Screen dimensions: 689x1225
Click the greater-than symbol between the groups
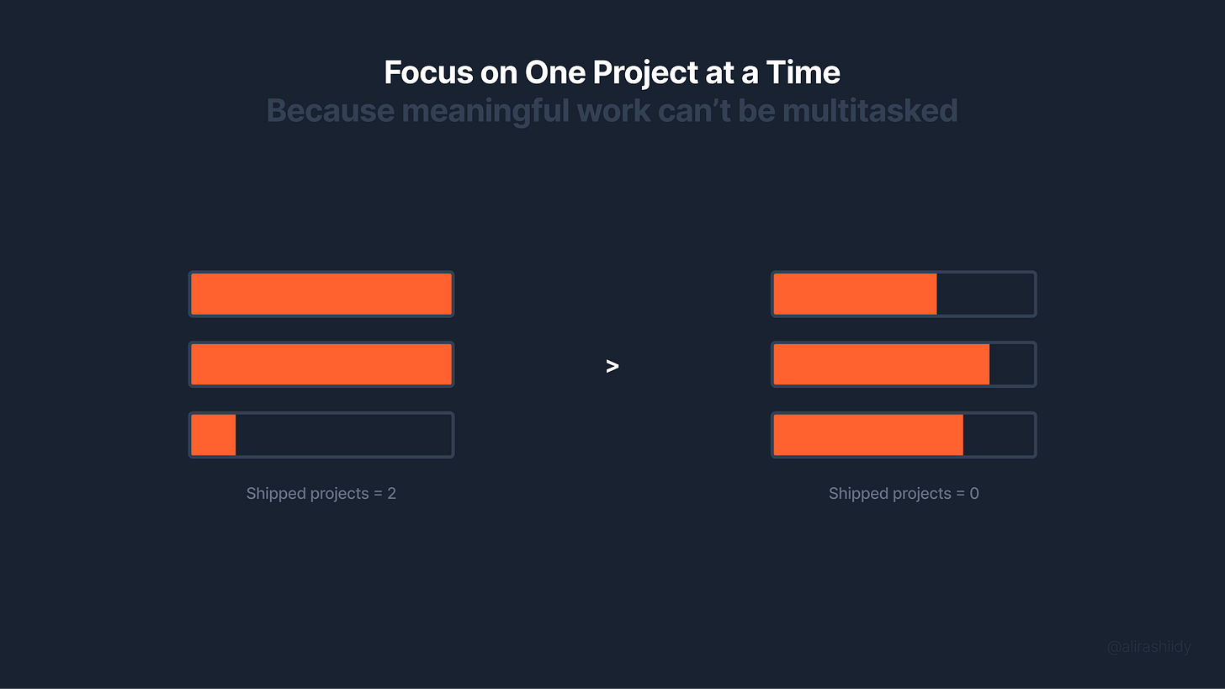coord(612,366)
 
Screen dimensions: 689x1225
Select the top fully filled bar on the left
coord(321,294)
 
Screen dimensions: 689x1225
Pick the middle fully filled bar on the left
coord(321,364)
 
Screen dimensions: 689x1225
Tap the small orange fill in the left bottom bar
coord(213,435)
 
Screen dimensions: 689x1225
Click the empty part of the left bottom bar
coord(343,435)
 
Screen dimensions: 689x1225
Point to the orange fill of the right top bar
coord(855,294)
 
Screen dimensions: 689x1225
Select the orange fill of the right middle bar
coord(881,364)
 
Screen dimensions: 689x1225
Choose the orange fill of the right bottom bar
coord(867,435)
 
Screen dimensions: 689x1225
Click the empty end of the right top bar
coord(985,294)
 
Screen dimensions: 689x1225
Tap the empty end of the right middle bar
coord(1011,364)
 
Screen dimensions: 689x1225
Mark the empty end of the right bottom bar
coord(998,435)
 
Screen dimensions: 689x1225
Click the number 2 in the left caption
coord(391,494)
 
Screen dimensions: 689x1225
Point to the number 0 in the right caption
coord(974,494)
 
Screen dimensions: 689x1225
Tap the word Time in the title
coord(803,72)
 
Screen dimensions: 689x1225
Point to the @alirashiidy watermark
coord(1148,647)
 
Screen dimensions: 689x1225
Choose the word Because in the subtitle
coord(330,110)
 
